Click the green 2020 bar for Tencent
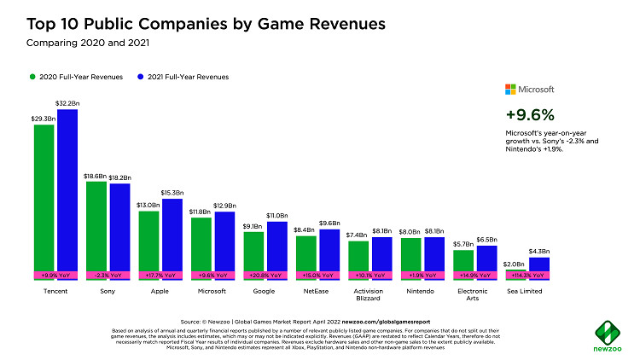pos(44,196)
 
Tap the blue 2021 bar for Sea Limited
pos(538,264)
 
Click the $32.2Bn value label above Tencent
pos(67,102)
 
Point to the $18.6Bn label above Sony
pos(96,175)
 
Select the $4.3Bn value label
pos(540,250)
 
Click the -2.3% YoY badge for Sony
pos(108,276)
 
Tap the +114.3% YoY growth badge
pos(527,276)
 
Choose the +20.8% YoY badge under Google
pos(265,276)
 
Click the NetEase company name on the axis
pos(317,291)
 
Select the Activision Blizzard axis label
pos(369,295)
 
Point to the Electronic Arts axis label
pos(474,295)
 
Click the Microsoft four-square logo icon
pos(511,89)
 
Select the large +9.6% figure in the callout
pos(531,114)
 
